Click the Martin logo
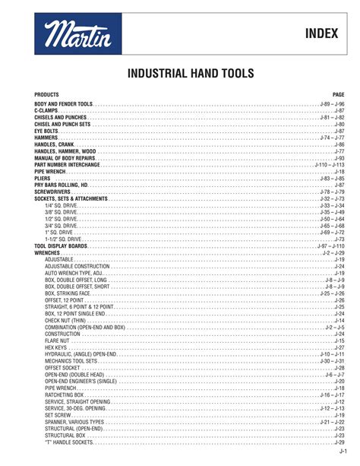pos(77,34)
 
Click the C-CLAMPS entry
pos(48,110)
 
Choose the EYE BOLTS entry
pos(46,131)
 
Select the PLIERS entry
pos(43,179)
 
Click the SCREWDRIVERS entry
pos(52,192)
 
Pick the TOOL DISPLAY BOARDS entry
pos(62,246)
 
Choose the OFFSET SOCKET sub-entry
pos(63,367)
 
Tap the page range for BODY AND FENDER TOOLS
pos(332,103)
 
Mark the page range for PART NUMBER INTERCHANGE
pos(329,165)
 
